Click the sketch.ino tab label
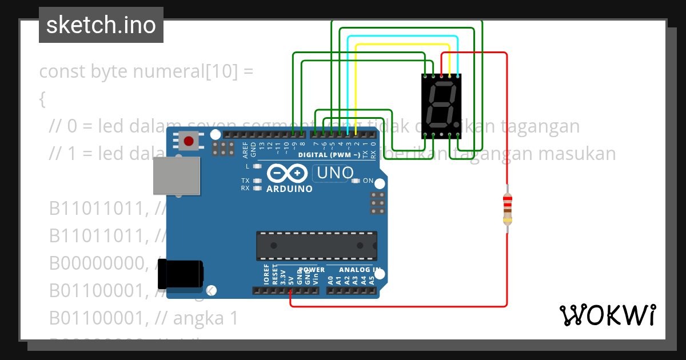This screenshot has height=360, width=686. click(x=101, y=25)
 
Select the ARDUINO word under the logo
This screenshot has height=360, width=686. click(x=289, y=189)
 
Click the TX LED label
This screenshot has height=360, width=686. click(x=245, y=181)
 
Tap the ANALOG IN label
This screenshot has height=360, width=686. click(x=360, y=270)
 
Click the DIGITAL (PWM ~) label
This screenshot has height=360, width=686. click(x=329, y=155)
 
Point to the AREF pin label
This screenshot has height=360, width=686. click(x=246, y=149)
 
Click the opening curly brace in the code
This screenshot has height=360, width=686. click(x=42, y=99)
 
